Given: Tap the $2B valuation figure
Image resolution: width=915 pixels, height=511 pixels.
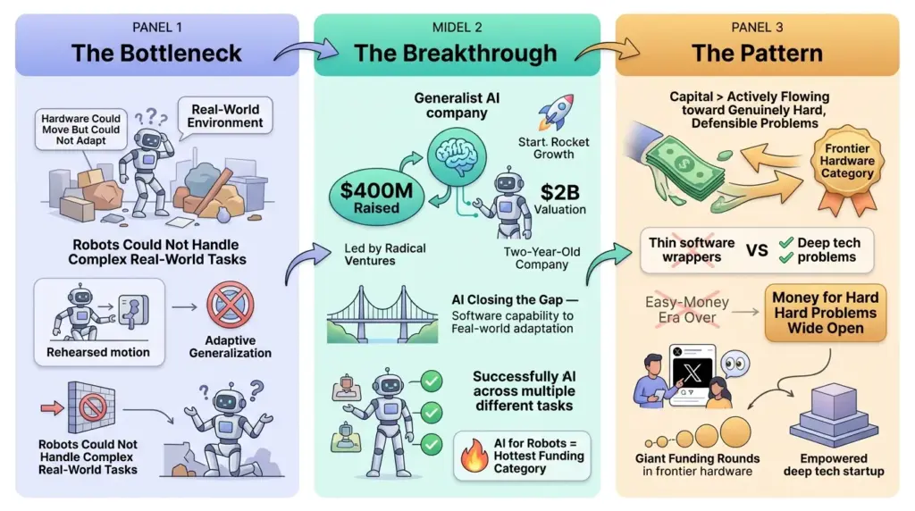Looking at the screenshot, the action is [559, 192].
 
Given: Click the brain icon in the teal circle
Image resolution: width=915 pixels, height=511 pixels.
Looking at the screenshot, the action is [457, 155].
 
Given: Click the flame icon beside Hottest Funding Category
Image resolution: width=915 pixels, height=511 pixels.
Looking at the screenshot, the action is [474, 456].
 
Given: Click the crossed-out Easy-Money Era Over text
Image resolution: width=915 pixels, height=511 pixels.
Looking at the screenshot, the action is [687, 310].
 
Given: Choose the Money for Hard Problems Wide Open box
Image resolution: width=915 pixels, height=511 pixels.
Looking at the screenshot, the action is [825, 313].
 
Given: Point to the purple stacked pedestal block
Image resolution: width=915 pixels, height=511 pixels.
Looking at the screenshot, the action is [834, 416].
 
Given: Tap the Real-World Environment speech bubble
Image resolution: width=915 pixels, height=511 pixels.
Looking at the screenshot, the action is [224, 116].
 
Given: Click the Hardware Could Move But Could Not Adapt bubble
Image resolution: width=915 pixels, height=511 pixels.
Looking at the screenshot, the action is [80, 130].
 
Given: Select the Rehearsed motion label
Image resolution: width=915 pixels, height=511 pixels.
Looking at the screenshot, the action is [98, 352].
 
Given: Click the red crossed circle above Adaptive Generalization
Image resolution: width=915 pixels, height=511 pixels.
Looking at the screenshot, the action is [230, 306].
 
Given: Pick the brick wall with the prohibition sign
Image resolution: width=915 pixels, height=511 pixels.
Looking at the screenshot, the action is [91, 406].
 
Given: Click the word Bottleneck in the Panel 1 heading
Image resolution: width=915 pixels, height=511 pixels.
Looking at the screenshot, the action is [180, 53].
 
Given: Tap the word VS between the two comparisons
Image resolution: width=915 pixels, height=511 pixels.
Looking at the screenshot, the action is [757, 250].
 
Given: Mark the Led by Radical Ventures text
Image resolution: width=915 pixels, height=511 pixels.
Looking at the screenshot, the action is [385, 255].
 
